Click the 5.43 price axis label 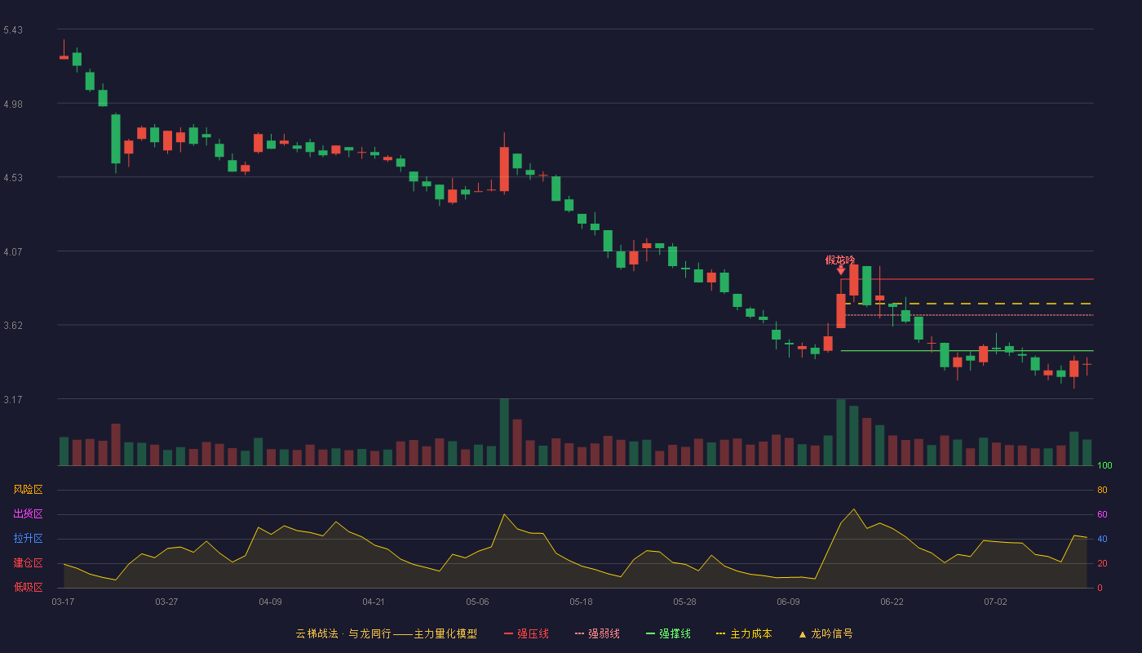pos(13,30)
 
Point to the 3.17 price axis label pos(13,399)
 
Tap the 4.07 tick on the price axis pos(13,252)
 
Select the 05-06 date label pos(477,602)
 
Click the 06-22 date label pos(892,602)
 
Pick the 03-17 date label pos(64,602)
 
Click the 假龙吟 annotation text pos(839,260)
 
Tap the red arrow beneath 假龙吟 pos(841,270)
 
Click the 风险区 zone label pos(28,490)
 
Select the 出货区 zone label pos(28,513)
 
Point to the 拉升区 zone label pos(28,538)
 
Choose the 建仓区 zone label pos(28,562)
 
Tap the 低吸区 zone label pos(28,587)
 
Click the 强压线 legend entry pos(526,633)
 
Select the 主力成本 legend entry pos(744,633)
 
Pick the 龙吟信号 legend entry pos(826,633)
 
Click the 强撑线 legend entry pos(668,633)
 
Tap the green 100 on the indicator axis pos(1104,465)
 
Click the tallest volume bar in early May pos(504,432)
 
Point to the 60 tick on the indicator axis pos(1102,514)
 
